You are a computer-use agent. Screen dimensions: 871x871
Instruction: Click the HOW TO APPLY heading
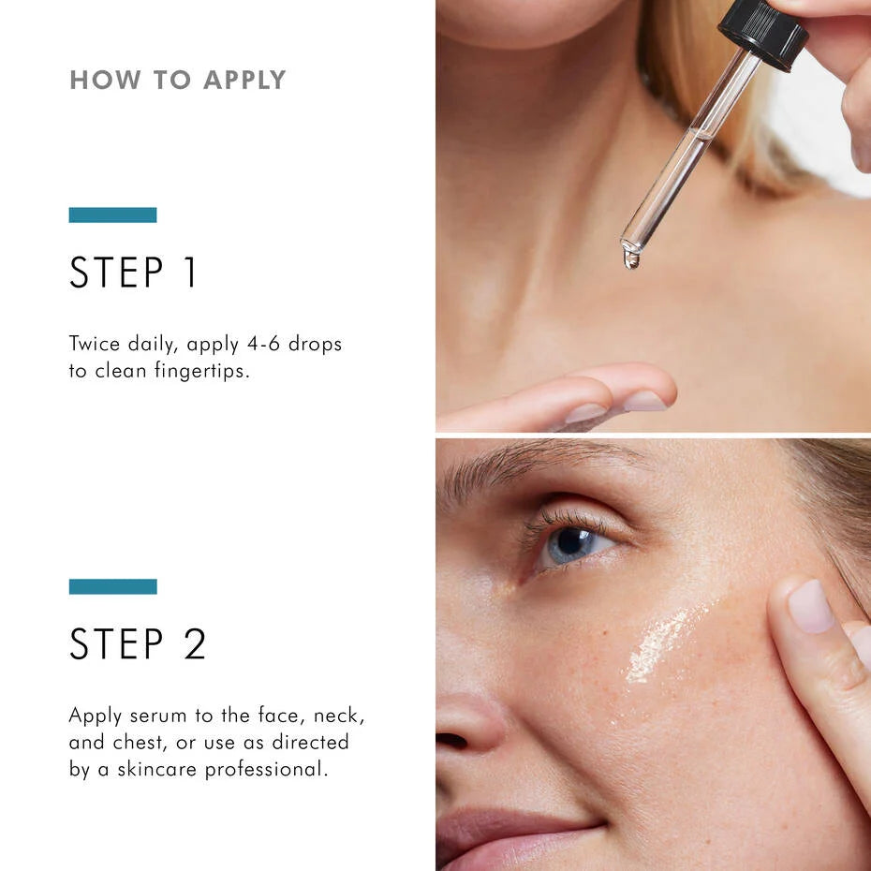point(177,81)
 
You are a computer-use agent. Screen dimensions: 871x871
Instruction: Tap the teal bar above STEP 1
point(112,214)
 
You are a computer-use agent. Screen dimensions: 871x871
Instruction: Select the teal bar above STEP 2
point(112,586)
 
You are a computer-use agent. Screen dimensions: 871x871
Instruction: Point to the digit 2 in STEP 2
point(194,644)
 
